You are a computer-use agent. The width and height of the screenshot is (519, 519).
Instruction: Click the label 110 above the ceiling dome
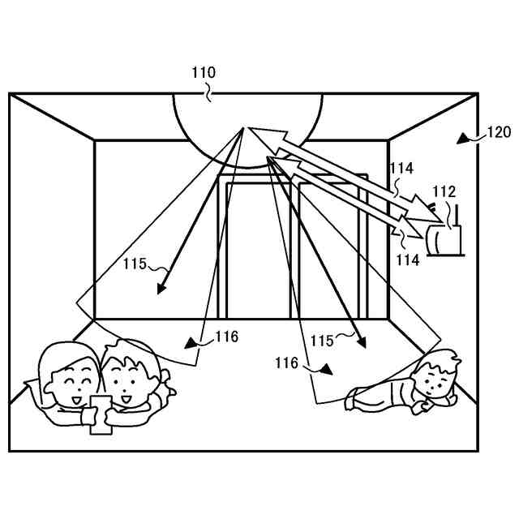204,73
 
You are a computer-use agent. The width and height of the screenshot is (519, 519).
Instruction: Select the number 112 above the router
444,191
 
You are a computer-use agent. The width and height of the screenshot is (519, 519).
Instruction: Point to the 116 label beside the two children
227,337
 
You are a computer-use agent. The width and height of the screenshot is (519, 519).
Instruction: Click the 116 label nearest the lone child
286,363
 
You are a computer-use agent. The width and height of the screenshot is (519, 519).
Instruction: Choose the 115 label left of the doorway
135,264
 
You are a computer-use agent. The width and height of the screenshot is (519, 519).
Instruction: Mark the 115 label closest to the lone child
322,341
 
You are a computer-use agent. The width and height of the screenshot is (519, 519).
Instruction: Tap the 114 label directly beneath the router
407,260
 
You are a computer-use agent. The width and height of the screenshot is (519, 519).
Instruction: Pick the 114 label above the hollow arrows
401,169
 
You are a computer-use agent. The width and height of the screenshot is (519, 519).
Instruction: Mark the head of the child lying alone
438,375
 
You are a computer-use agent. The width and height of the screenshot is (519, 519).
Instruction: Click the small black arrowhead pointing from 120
465,139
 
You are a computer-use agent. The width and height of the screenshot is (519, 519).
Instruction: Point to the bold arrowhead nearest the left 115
162,287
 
